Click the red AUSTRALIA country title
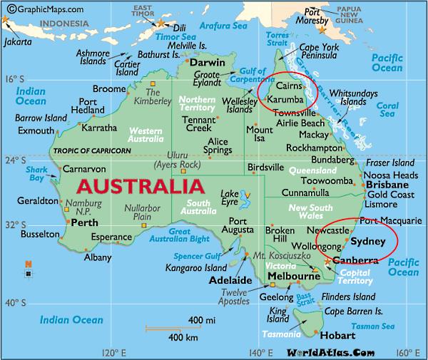click(138, 189)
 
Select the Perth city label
click(86, 222)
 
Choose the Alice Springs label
click(218, 146)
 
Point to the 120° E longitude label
click(115, 352)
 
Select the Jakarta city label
click(17, 41)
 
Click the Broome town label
click(109, 88)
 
